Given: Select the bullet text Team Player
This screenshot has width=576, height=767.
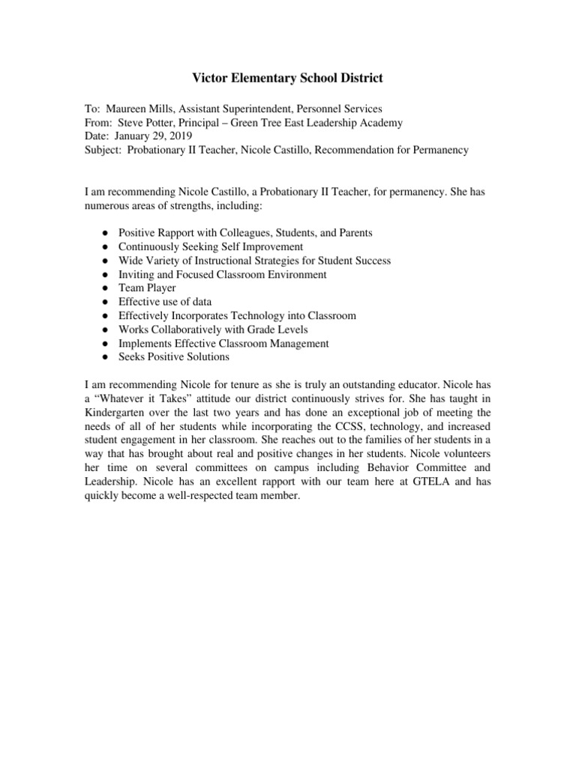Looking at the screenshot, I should [x=147, y=288].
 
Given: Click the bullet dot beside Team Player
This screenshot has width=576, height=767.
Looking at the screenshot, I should [x=101, y=288].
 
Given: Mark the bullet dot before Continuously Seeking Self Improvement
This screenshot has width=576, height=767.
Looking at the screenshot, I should [x=101, y=247].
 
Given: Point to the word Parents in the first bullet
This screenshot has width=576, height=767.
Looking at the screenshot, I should [x=354, y=233].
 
